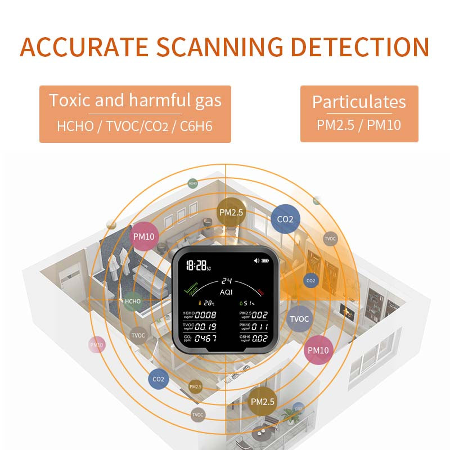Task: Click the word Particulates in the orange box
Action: point(359,102)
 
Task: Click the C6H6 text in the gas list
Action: point(197,125)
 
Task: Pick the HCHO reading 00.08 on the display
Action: point(205,315)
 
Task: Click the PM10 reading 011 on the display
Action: point(260,327)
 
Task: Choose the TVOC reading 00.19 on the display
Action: point(205,327)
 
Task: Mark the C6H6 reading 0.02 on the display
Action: point(260,339)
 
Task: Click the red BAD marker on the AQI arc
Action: point(262,291)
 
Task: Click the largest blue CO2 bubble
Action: point(286,219)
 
